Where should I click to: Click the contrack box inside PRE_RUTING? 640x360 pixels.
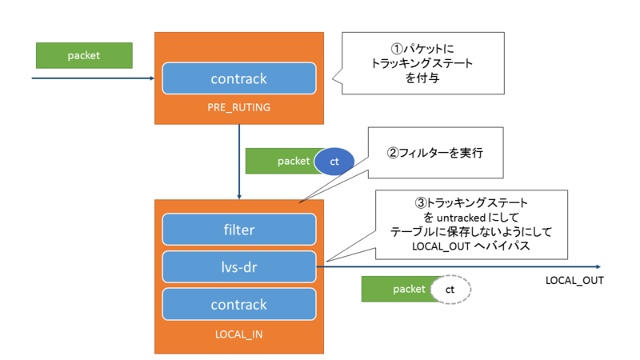pyautogui.click(x=238, y=78)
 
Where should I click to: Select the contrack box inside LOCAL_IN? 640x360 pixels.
pyautogui.click(x=238, y=304)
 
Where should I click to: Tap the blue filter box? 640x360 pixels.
pyautogui.click(x=238, y=230)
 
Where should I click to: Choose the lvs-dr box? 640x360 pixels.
pyautogui.click(x=238, y=266)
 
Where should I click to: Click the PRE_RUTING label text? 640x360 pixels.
pyautogui.click(x=238, y=106)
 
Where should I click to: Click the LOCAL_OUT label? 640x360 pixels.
pyautogui.click(x=574, y=281)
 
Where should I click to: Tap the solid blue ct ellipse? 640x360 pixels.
pyautogui.click(x=334, y=161)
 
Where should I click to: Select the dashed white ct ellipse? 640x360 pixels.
pyautogui.click(x=450, y=290)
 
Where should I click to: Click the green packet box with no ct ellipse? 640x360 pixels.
pyautogui.click(x=83, y=55)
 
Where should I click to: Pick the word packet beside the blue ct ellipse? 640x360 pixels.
pyautogui.click(x=294, y=161)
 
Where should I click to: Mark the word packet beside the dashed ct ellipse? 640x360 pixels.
pyautogui.click(x=409, y=290)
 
